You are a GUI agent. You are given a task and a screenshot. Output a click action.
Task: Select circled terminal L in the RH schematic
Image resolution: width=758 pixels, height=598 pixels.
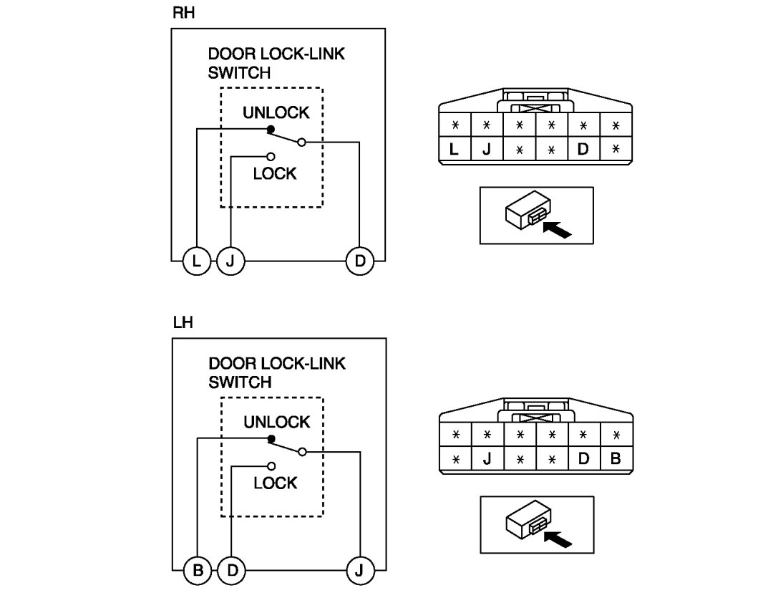[x=196, y=261]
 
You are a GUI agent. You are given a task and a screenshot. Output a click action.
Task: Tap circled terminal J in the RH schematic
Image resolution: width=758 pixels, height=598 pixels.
[x=230, y=261]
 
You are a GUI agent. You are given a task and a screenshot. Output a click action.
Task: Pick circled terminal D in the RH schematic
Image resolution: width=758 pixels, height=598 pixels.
[x=359, y=261]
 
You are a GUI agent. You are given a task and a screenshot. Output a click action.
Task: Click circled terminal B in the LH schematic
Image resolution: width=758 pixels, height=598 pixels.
[x=198, y=571]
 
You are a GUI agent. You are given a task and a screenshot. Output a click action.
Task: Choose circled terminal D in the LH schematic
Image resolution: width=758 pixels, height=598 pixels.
[x=231, y=571]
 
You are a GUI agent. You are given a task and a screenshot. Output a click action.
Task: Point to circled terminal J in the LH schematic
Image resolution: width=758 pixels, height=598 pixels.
[x=359, y=571]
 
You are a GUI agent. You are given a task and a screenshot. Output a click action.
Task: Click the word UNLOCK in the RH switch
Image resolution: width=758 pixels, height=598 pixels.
[x=276, y=112]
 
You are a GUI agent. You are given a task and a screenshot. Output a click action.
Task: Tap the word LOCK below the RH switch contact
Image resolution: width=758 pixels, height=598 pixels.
[x=275, y=173]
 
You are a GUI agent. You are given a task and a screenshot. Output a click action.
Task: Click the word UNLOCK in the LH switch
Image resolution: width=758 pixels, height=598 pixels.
[x=276, y=422]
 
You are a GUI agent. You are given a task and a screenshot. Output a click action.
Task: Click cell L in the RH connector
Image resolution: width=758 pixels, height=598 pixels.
[x=453, y=150]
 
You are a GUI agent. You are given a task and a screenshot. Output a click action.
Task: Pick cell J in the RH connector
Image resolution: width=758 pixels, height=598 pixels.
[x=486, y=150]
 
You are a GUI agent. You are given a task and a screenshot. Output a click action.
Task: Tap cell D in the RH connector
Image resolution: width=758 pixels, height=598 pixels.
[x=583, y=150]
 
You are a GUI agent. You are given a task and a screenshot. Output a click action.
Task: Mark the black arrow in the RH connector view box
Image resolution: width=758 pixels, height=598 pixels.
[x=558, y=231]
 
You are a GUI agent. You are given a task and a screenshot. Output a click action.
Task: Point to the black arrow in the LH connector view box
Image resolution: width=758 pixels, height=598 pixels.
[x=558, y=539]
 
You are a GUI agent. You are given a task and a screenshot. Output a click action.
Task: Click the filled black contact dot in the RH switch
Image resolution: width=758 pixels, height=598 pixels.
[x=270, y=129]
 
